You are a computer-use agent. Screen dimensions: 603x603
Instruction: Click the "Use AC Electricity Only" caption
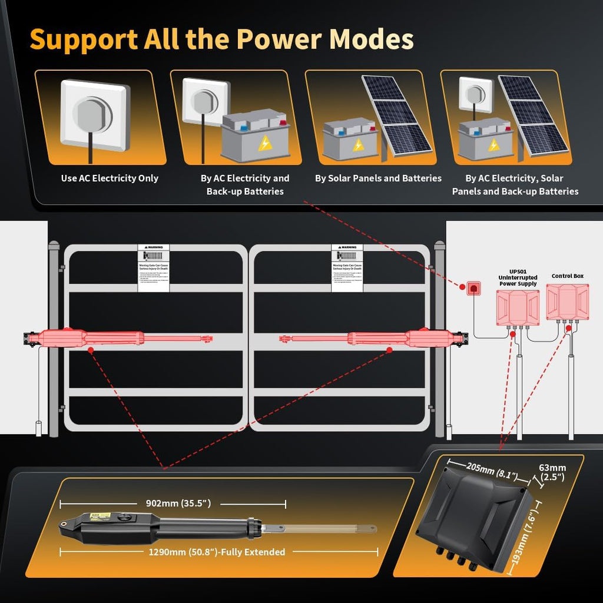tap(110, 178)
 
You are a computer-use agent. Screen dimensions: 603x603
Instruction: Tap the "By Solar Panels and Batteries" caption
tap(378, 178)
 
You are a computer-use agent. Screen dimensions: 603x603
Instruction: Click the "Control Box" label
tap(567, 276)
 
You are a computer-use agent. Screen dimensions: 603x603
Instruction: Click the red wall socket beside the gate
tap(472, 288)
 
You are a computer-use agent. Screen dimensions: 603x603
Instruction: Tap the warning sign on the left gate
tap(153, 268)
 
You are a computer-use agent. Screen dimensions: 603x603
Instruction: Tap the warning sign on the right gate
tap(347, 268)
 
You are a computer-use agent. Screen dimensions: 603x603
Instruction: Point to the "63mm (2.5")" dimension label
tap(552, 472)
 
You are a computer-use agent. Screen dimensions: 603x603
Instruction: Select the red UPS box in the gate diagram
tap(517, 307)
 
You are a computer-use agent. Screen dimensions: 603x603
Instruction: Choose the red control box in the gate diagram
tap(567, 303)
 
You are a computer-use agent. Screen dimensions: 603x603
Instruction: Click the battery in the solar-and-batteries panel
tap(350, 139)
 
